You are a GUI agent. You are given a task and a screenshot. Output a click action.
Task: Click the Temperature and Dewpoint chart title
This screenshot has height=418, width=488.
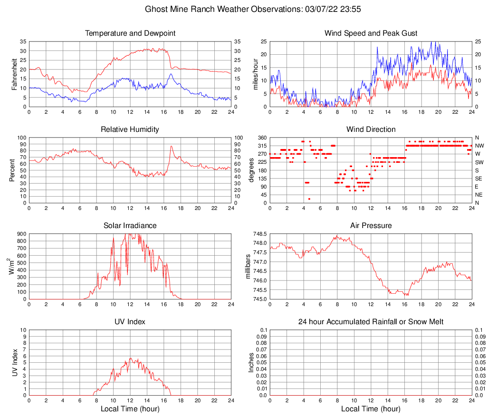point(130,33)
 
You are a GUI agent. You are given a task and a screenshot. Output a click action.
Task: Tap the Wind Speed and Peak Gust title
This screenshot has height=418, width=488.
point(371,33)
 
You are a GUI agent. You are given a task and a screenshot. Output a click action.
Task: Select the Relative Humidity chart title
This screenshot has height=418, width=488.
point(130,129)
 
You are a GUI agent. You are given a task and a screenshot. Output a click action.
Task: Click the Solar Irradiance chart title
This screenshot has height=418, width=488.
point(130,226)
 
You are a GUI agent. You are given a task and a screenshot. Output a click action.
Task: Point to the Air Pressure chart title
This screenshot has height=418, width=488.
point(371,226)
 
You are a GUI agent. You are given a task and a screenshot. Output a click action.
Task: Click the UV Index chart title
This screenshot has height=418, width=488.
point(130,322)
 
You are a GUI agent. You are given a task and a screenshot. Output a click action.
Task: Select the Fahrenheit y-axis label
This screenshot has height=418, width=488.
point(14,74)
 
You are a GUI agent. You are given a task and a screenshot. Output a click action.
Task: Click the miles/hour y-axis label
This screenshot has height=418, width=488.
point(255,74)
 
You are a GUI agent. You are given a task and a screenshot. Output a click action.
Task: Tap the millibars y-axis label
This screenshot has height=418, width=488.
point(248,266)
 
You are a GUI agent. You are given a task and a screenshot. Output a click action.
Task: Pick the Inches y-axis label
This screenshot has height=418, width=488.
point(251,362)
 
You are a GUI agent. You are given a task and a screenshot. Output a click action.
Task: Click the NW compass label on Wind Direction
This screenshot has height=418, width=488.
point(479,146)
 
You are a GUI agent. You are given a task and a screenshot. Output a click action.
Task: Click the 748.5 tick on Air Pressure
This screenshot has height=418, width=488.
point(259,234)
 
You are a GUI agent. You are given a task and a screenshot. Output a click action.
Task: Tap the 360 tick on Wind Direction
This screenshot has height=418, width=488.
point(261,138)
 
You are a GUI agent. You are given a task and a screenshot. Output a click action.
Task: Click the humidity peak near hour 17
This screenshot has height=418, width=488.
point(172,146)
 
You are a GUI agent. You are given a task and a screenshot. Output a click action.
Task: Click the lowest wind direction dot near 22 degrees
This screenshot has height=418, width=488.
point(309,199)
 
